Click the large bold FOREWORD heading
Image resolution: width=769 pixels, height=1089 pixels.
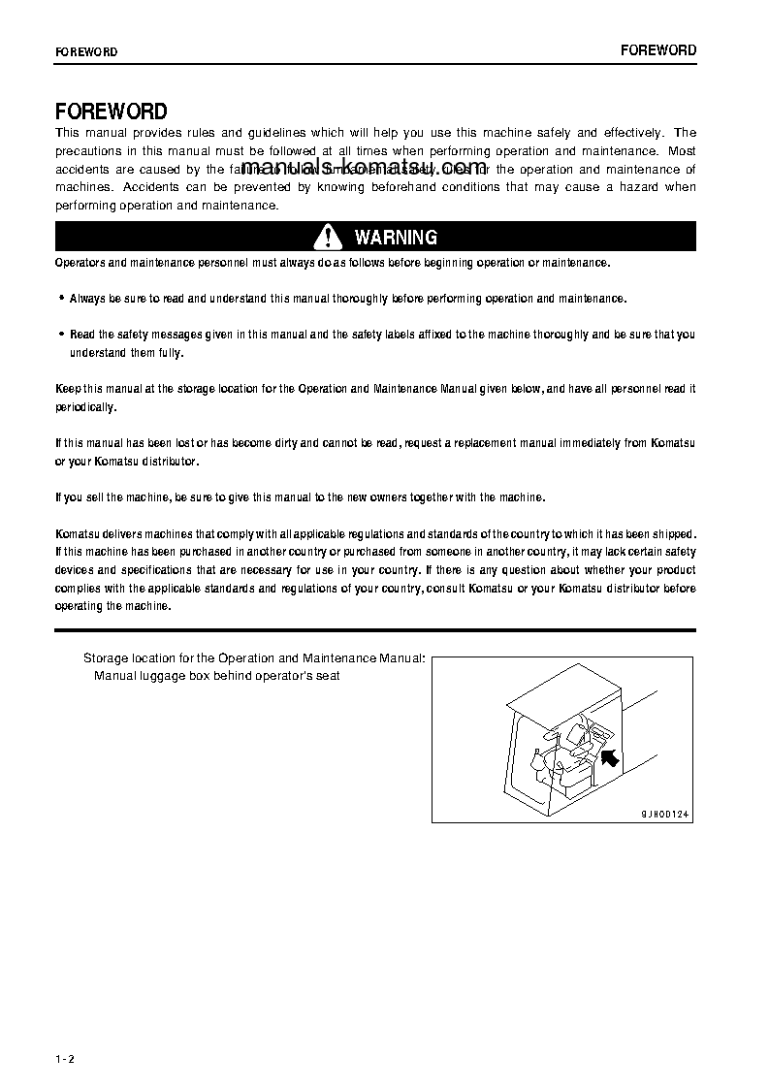point(112,112)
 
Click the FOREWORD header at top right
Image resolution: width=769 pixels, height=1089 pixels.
point(658,50)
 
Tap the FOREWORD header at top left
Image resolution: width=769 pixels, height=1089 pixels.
point(86,52)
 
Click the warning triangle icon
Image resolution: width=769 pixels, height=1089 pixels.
point(329,237)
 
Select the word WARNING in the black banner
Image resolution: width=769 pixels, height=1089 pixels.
point(396,238)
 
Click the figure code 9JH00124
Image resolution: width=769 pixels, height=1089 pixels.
point(665,815)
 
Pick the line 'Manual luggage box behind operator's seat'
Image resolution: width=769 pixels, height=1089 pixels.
point(216,675)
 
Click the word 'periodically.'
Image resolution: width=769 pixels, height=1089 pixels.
point(86,407)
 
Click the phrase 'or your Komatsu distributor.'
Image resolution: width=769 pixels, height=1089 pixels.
point(127,461)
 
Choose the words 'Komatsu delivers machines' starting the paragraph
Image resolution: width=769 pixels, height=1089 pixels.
point(121,534)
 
